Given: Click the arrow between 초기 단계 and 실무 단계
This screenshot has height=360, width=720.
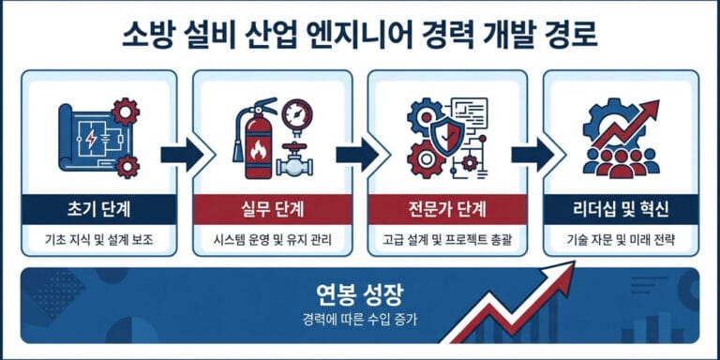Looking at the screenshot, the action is click(x=181, y=156).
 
